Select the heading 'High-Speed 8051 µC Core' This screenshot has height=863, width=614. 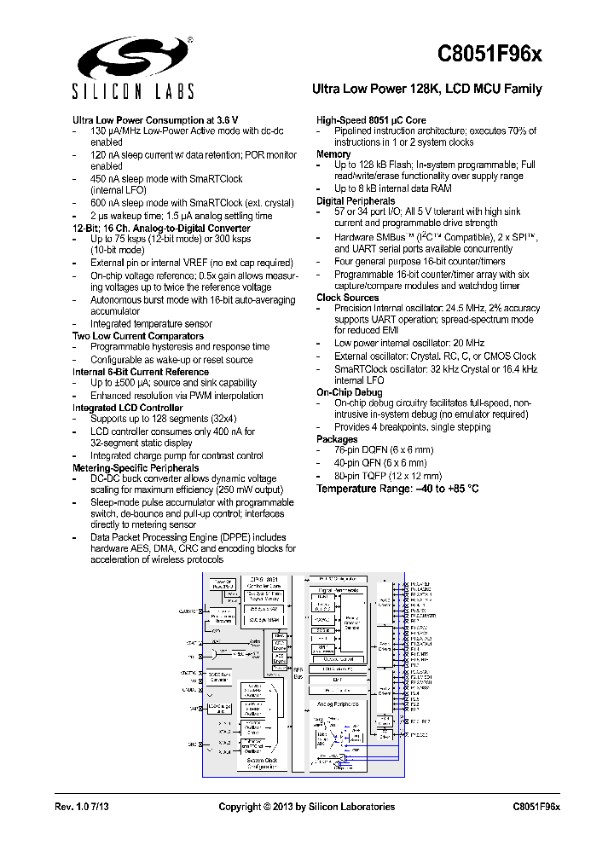tap(371, 120)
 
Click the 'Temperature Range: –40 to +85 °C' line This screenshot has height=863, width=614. tap(397, 489)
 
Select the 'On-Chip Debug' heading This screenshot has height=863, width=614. tap(350, 391)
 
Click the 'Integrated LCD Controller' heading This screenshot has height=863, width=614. tap(127, 408)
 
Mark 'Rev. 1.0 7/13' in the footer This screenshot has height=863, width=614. tap(83, 807)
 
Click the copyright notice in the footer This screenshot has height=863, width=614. tap(306, 807)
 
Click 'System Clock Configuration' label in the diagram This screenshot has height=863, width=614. tap(262, 763)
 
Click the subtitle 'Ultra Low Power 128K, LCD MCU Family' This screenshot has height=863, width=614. tap(426, 90)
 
